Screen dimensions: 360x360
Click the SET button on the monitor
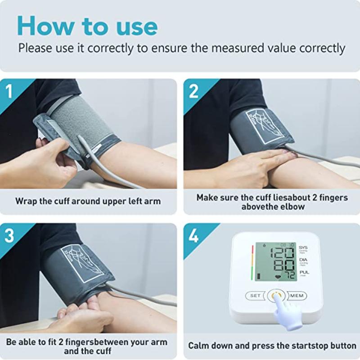point(255,296)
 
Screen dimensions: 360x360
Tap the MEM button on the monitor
point(297,296)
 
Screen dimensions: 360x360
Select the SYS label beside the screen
point(304,247)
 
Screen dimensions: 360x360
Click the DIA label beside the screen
point(304,260)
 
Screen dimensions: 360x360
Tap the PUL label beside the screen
point(304,272)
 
